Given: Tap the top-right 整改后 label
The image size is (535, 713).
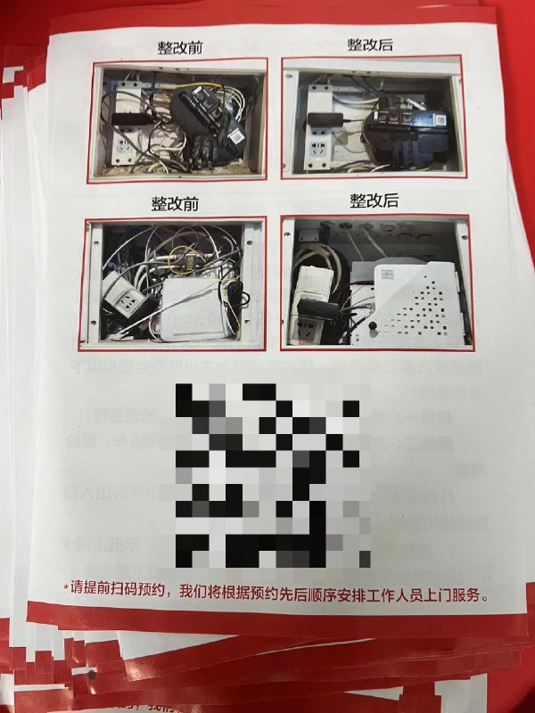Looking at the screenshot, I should [373, 45].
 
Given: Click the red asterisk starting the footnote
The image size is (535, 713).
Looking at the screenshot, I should [65, 589].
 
